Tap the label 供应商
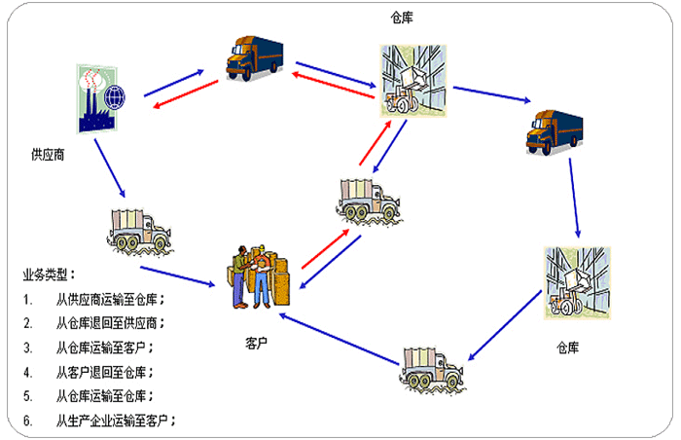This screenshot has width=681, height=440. [48, 154]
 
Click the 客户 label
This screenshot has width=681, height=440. [257, 344]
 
